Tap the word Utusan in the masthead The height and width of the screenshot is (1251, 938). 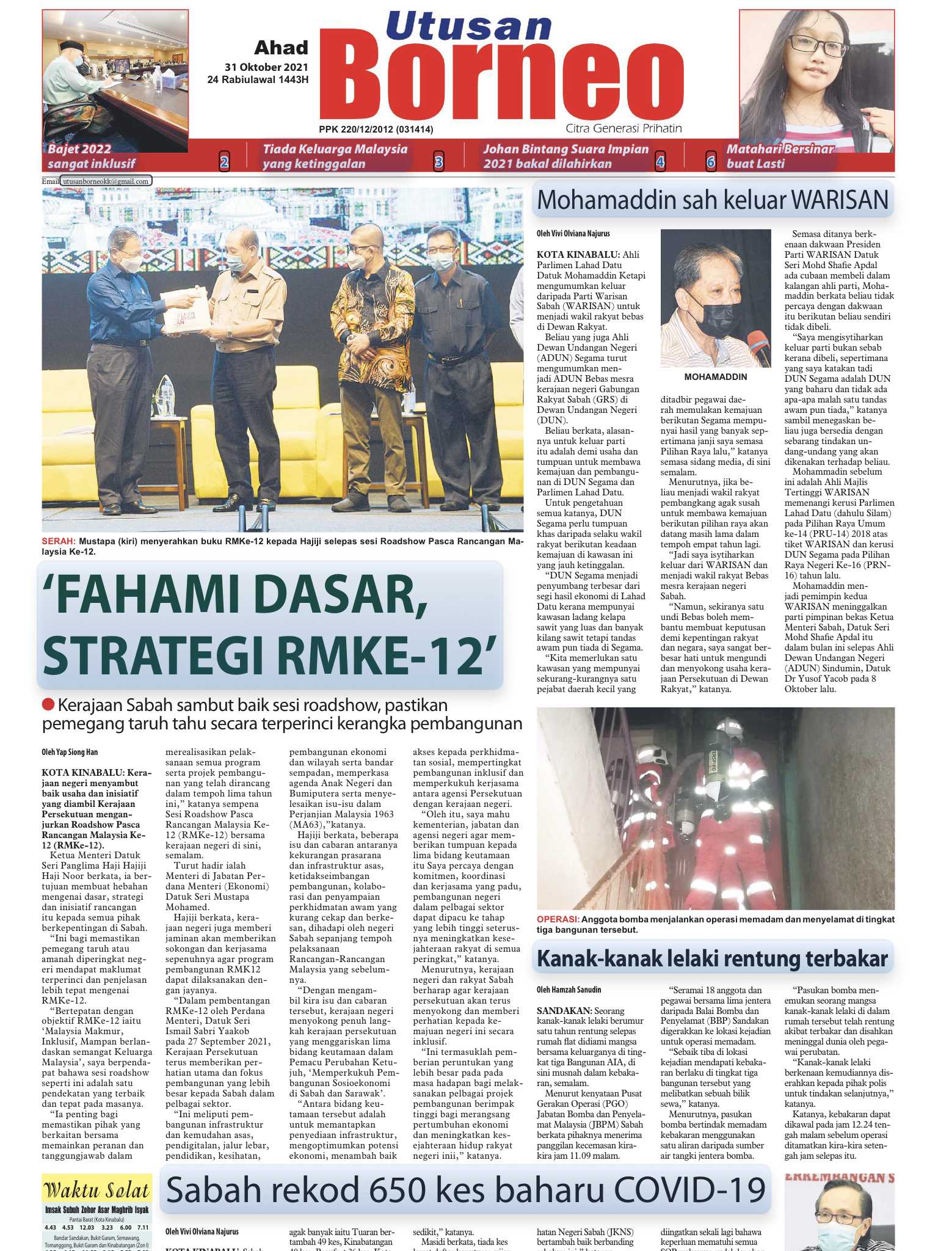469,27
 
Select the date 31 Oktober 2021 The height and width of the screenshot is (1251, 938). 266,67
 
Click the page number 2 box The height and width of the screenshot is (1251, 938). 224,162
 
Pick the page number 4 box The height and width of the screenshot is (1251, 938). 660,162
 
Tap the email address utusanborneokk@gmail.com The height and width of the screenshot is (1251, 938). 106,181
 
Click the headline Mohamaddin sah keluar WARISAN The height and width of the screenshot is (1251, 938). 712,200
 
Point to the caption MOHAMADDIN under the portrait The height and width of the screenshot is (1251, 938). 715,377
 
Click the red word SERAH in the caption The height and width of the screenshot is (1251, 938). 59,541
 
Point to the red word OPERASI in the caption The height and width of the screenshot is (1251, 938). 557,919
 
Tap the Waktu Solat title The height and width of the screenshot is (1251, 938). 96,1191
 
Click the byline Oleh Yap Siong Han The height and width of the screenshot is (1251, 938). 70,752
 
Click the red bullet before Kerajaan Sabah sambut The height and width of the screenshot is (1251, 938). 48,705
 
